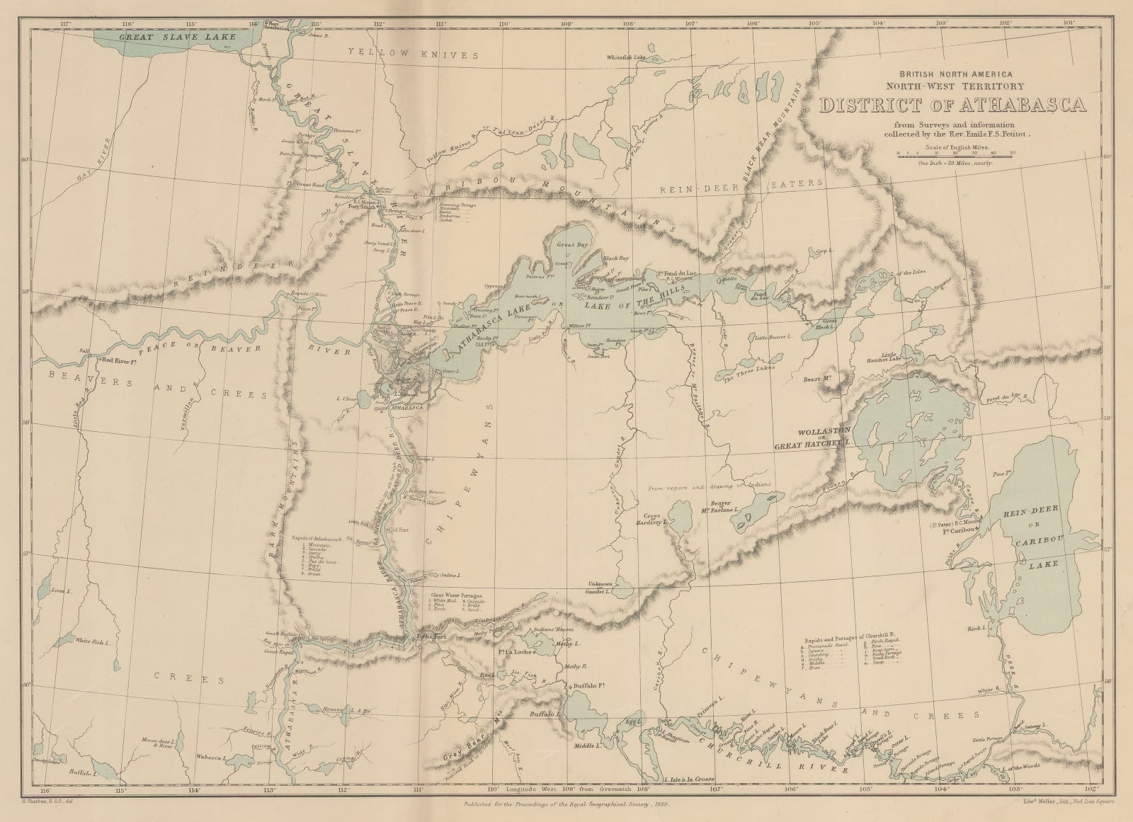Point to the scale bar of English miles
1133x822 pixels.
[x=956, y=155]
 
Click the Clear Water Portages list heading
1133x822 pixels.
[x=455, y=595]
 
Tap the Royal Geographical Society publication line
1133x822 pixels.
[x=565, y=805]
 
